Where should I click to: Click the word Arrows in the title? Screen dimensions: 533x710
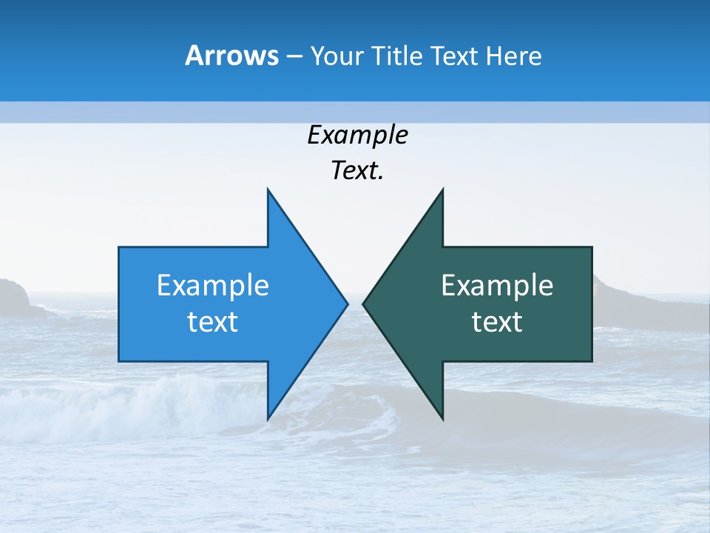[231, 56]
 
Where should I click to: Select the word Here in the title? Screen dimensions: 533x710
[513, 56]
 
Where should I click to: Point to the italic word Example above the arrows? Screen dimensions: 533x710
[357, 135]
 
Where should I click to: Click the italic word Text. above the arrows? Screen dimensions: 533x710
[357, 171]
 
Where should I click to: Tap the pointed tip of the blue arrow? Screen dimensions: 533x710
[347, 304]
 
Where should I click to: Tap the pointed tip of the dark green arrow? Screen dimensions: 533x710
[363, 304]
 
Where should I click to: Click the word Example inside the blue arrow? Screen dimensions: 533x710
[213, 286]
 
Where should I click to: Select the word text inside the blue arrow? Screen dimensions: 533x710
[213, 322]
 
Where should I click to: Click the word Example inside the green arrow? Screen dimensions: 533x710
[497, 286]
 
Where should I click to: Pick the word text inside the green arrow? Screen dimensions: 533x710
[497, 322]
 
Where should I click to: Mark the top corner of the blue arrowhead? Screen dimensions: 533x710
[268, 190]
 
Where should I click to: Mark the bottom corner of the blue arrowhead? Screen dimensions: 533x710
[268, 419]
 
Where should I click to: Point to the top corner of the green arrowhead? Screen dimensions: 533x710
[442, 190]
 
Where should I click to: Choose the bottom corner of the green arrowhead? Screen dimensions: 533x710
[442, 419]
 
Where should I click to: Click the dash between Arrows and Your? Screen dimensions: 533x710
[294, 56]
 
